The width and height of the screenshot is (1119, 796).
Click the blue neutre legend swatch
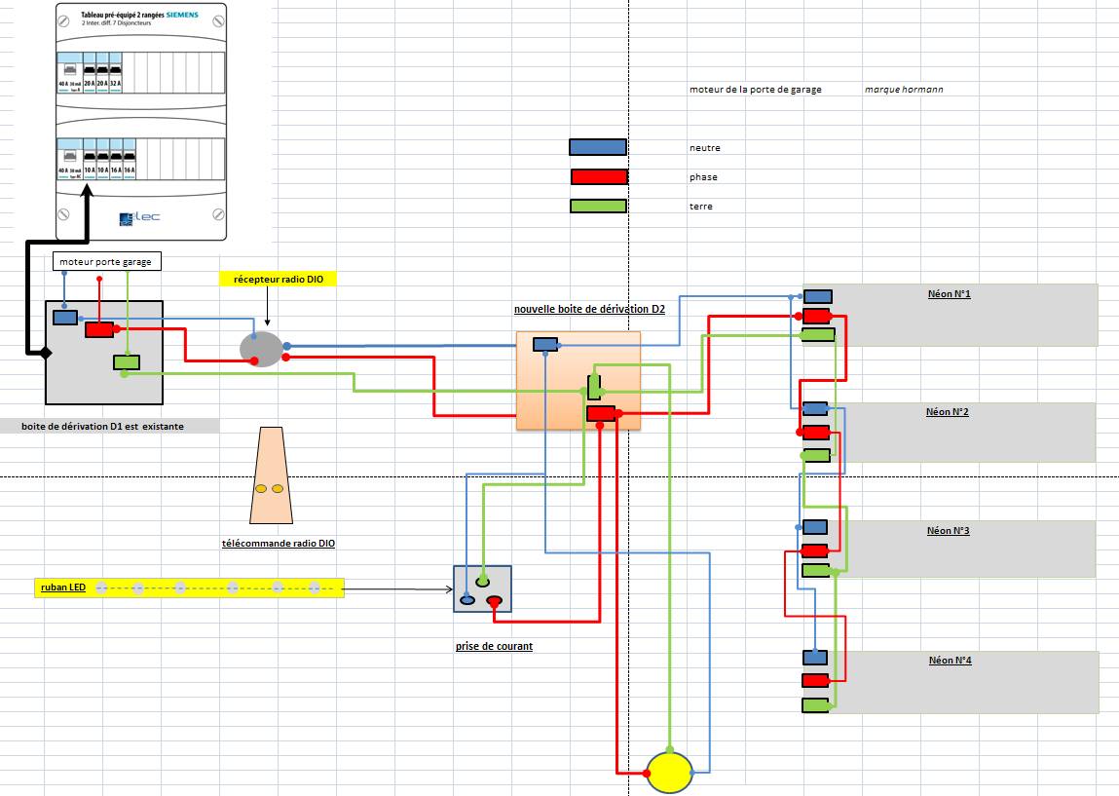(597, 147)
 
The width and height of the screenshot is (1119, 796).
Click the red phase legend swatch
(598, 176)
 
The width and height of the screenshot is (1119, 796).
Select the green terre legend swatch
(597, 206)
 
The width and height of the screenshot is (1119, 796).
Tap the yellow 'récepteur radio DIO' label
(278, 280)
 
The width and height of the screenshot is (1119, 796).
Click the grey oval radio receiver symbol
(261, 347)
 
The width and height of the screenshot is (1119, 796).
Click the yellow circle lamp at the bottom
(668, 772)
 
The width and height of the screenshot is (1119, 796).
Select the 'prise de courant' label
(494, 646)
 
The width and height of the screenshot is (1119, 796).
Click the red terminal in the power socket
(494, 601)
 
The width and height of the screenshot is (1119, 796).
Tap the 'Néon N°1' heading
(949, 293)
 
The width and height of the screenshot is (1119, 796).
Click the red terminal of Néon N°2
(815, 432)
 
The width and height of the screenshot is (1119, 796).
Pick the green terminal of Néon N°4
(815, 704)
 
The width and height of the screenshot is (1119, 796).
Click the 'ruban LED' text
(62, 588)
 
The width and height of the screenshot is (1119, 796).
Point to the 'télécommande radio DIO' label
(279, 544)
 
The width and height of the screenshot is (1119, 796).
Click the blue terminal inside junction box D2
(544, 344)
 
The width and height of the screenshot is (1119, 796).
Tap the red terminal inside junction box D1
(99, 330)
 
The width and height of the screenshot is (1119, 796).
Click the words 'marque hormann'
(903, 90)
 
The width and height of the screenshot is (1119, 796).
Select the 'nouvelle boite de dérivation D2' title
(589, 309)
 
